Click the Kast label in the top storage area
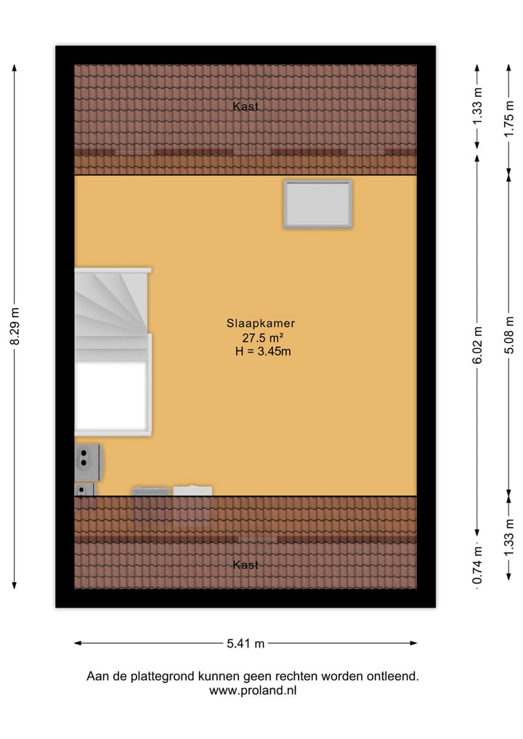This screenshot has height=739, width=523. point(246,106)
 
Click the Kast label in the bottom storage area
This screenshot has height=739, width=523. point(246,565)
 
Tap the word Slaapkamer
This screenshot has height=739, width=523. point(260,325)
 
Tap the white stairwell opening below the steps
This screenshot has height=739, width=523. point(112,397)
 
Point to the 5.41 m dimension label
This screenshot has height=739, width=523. point(246,643)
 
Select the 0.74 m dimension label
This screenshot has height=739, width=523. point(477,567)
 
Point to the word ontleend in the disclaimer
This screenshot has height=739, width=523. point(393,676)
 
